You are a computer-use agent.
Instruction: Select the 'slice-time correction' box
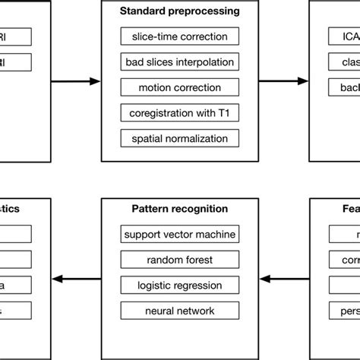pos(179,36)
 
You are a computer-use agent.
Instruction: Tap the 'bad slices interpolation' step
pos(179,62)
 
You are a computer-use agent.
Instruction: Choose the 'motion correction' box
pos(179,87)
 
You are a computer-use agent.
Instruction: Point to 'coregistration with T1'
pos(179,112)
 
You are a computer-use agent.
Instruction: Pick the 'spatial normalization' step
pos(179,138)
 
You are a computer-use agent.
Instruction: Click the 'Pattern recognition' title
pos(179,209)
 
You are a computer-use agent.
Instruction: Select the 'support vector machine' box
pos(179,234)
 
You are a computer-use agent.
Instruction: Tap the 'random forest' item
pos(179,260)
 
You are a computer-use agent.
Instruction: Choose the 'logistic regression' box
pos(179,285)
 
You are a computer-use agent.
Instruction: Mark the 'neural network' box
pos(179,311)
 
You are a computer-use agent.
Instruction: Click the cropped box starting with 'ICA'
pos(345,36)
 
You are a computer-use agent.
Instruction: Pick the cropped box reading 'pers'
pos(345,311)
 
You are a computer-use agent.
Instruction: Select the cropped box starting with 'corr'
pos(345,260)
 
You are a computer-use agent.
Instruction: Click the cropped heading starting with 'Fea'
pos(346,209)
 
